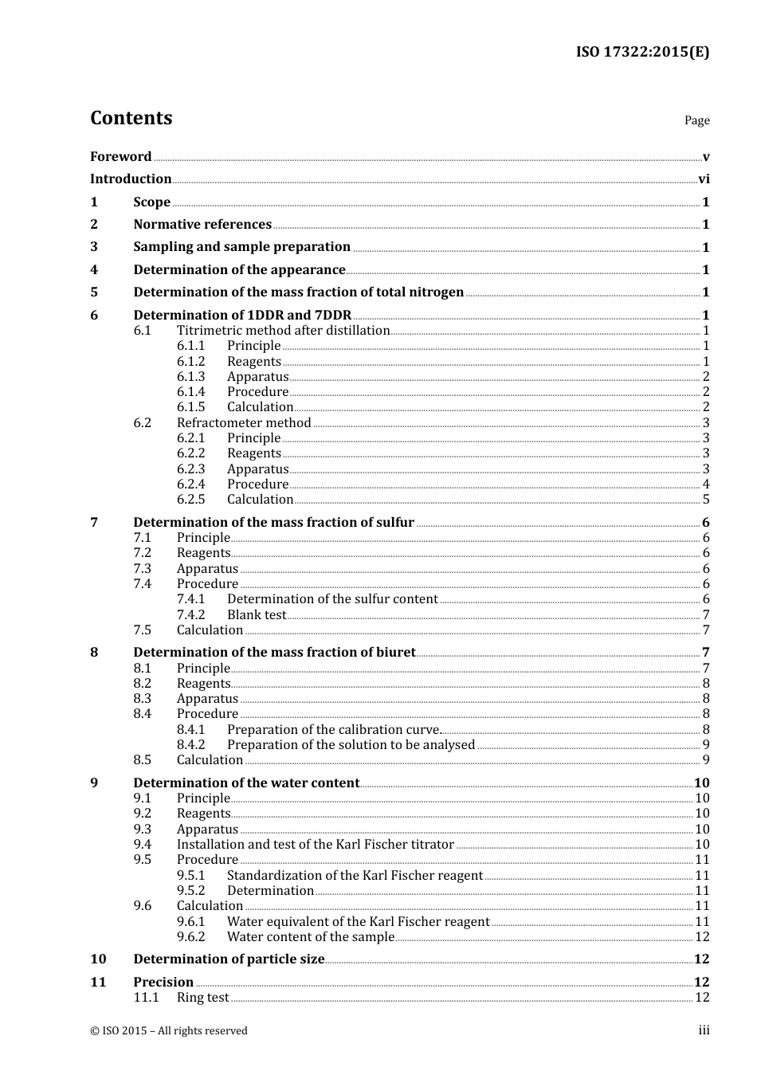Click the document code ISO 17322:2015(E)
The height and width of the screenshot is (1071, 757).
[x=642, y=52]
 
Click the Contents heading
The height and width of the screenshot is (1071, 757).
[x=131, y=118]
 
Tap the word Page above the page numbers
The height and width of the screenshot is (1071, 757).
[x=696, y=120]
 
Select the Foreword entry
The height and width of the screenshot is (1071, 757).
[x=120, y=156]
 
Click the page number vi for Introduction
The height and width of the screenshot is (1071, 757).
[x=704, y=179]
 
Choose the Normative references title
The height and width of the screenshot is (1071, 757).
[x=202, y=225]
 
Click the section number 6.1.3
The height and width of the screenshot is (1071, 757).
[x=190, y=377]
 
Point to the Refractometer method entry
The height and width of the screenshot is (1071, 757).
[x=244, y=422]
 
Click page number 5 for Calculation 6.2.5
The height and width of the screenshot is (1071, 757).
[x=706, y=500]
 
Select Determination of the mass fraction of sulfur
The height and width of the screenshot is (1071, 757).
[x=273, y=523]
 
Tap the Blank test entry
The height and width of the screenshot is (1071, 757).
[x=256, y=615]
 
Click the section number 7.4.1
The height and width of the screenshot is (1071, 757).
[x=190, y=599]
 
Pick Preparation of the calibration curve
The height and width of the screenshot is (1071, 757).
[x=333, y=730]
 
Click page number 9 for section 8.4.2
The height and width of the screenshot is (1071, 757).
[x=706, y=745]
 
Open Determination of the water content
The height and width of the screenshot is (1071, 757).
[x=246, y=783]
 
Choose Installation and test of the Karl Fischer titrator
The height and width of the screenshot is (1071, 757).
[x=315, y=845]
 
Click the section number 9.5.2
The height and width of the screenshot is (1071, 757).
[x=190, y=891]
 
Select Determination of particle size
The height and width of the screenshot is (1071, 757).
[x=229, y=959]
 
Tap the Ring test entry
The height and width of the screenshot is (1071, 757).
[x=202, y=998]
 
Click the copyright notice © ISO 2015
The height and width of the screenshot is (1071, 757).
[x=169, y=1030]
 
